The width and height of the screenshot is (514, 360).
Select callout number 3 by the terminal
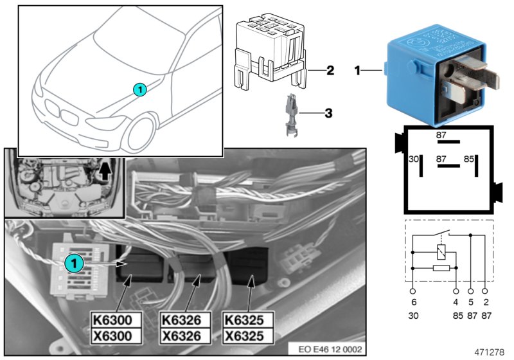pyautogui.click(x=328, y=114)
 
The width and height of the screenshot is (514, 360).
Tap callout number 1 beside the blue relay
pyautogui.click(x=357, y=69)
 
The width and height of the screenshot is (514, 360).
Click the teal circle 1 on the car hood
pyautogui.click(x=140, y=89)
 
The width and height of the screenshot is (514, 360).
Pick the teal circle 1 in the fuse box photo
pyautogui.click(x=73, y=262)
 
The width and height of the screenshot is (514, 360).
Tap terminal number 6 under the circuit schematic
pyautogui.click(x=413, y=300)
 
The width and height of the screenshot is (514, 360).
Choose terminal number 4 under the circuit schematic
pyautogui.click(x=456, y=300)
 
